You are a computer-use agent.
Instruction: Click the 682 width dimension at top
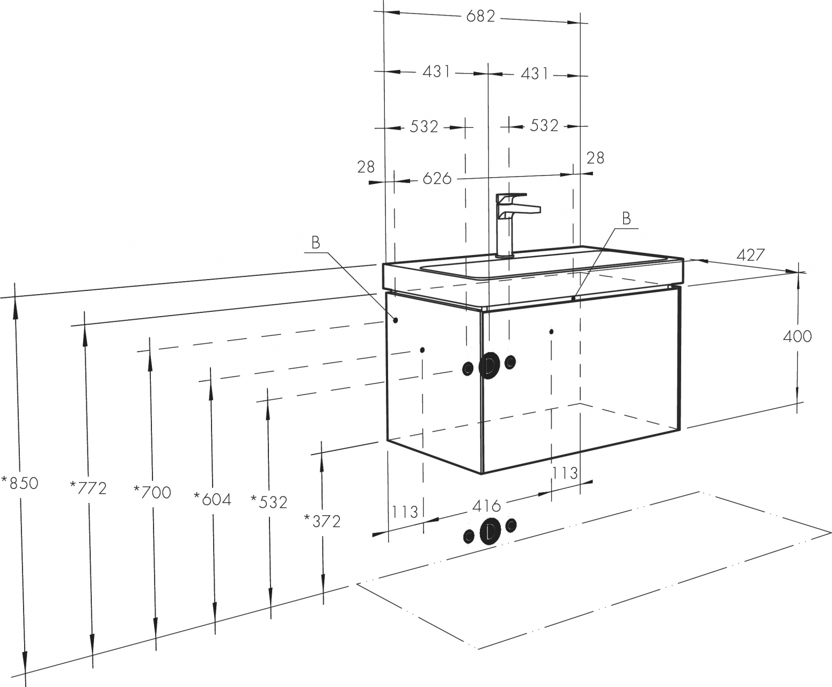480,16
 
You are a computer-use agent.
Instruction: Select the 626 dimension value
437,179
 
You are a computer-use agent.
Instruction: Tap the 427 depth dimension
751,255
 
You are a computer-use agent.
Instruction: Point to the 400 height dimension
797,337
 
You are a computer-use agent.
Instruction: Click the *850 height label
20,484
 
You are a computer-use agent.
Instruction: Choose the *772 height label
88,488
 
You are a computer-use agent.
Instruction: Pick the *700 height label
152,493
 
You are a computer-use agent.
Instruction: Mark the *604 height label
213,499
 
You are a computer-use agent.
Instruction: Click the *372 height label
322,521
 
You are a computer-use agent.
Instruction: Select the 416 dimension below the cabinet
486,507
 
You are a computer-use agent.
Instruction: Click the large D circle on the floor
491,531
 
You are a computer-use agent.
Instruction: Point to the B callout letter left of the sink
316,242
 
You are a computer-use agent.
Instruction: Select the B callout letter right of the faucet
626,218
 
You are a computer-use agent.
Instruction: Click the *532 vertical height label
269,502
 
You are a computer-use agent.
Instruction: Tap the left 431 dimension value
436,72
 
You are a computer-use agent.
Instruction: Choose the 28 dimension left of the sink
366,167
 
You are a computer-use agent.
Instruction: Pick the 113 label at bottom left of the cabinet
405,512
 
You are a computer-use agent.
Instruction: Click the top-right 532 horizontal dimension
544,126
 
